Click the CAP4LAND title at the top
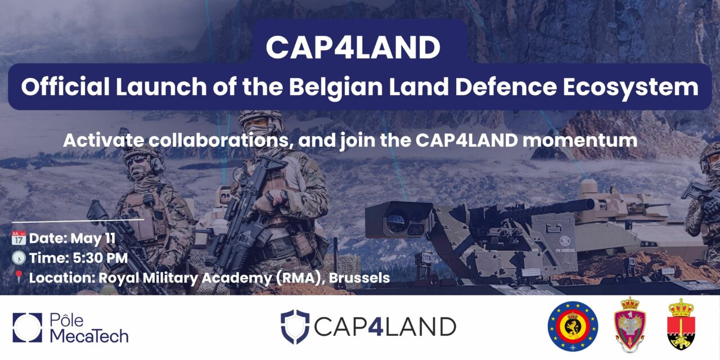pyautogui.click(x=353, y=47)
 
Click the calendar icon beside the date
pyautogui.click(x=18, y=238)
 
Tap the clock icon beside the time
pyautogui.click(x=18, y=258)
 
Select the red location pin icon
pyautogui.click(x=18, y=277)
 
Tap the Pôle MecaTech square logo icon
pyautogui.click(x=27, y=327)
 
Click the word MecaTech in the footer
pyautogui.click(x=89, y=336)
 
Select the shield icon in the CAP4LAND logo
pyautogui.click(x=295, y=326)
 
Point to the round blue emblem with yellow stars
pyautogui.click(x=573, y=326)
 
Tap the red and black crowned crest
pyautogui.click(x=681, y=325)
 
